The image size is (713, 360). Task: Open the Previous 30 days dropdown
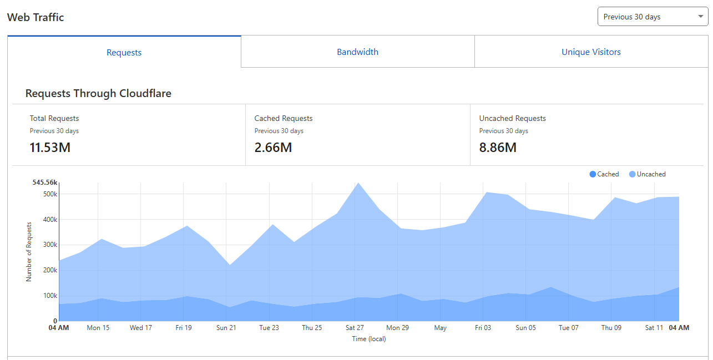point(653,17)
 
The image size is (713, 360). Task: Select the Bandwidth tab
point(357,52)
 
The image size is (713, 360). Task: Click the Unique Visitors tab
point(591,52)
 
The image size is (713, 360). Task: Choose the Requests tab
point(124,52)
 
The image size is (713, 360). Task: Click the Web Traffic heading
point(36,17)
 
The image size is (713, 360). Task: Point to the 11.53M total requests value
point(50,148)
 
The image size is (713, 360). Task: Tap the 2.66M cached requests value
point(273,148)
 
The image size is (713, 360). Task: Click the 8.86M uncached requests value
point(498,148)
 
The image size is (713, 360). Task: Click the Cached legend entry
point(604,174)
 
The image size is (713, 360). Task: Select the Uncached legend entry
point(648,174)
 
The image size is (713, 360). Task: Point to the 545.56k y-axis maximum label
point(44,182)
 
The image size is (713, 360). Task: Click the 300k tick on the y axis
point(50,245)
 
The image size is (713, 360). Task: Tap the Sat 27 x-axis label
point(355,327)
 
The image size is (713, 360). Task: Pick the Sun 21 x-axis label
point(226,327)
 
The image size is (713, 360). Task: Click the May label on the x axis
point(440,328)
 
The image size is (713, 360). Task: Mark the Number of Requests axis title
point(29,252)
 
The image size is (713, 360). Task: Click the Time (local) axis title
point(369,339)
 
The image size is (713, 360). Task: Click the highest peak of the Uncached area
point(358,183)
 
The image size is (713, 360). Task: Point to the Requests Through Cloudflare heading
point(98,93)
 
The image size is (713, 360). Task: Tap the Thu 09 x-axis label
point(611,327)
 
